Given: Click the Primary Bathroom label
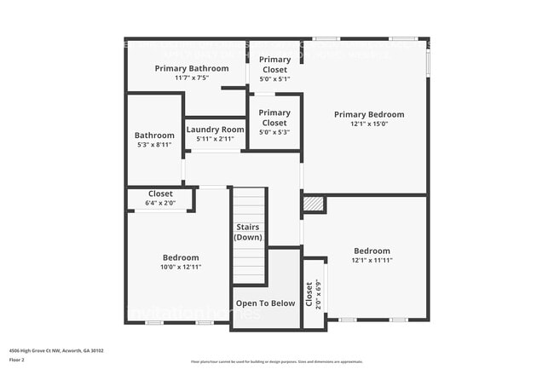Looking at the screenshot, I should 191,68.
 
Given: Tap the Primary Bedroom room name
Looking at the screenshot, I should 368,114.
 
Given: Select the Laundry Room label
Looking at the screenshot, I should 215,130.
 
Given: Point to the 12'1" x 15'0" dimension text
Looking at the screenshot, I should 368,124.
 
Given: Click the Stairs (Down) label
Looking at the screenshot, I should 249,233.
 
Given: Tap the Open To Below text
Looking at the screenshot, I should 265,303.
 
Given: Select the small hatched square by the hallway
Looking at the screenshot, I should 314,205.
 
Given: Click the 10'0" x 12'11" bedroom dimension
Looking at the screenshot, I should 181,267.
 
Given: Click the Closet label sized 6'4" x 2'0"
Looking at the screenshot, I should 160,194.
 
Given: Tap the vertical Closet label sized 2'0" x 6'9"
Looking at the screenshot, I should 309,293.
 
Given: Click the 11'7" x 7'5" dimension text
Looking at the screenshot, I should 191,78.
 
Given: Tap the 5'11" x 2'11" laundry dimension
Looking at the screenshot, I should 215,139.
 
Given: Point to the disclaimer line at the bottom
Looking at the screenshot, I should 276,362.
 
